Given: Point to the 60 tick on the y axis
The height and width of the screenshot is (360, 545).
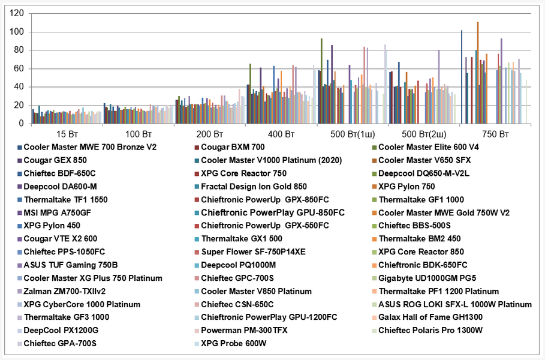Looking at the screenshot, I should coord(19,68).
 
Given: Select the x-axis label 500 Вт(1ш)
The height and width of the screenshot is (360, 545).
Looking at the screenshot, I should coord(352,133).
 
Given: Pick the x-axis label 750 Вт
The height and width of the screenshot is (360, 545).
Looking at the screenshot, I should coord(495,133).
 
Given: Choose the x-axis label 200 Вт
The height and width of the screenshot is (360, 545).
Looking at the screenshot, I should coord(209,133).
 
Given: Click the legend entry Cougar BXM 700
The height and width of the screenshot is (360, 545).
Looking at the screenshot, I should coord(234,147).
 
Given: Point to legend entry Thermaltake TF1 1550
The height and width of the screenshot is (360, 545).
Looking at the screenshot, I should coord(65,199).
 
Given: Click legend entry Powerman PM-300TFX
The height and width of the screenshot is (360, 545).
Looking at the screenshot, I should coord(243,330).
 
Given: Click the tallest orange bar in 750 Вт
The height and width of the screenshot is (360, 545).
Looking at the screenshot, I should coord(478,73).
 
